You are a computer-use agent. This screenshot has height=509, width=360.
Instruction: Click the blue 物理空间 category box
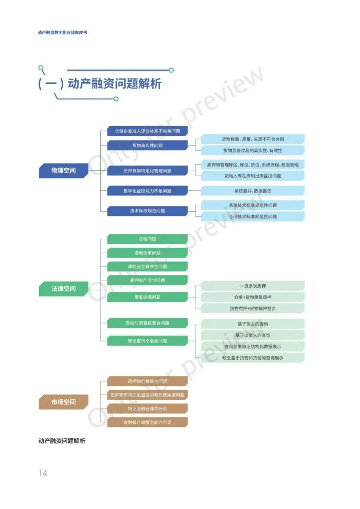63,171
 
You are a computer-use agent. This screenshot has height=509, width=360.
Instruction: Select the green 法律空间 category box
63,288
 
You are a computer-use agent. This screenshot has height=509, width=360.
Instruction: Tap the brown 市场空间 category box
63,402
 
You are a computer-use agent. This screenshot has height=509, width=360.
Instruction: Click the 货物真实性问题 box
147,145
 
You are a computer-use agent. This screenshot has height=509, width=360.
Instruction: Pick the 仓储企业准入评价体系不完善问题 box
147,131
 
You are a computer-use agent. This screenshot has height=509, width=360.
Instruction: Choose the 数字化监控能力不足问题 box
147,191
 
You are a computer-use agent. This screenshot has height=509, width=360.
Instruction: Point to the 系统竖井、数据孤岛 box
253,191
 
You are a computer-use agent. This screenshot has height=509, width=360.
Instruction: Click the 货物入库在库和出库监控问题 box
253,176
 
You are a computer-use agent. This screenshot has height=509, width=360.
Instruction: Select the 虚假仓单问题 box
147,253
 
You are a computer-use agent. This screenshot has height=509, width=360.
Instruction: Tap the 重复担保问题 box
147,297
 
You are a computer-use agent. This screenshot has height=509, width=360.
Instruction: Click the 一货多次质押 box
253,286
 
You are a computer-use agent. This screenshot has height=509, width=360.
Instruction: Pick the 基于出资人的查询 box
253,335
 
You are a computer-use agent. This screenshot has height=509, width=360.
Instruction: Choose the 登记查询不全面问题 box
147,341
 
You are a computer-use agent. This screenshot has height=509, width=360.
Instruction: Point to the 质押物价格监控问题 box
147,381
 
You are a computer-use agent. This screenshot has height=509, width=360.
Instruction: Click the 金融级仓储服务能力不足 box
147,422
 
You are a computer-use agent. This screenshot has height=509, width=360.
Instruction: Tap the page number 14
43,473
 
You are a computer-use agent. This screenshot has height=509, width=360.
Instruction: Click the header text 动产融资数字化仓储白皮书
62,32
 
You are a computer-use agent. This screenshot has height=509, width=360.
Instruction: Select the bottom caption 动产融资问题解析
62,441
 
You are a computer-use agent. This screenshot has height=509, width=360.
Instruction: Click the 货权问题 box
147,239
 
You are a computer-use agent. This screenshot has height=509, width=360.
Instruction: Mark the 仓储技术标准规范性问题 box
253,217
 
